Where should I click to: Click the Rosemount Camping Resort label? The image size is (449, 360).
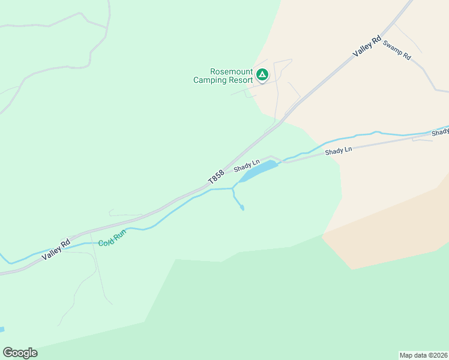[223, 76]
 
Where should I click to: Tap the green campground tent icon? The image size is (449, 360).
[262, 75]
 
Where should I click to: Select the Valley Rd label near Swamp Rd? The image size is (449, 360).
[367, 47]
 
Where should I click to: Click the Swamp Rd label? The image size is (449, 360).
[397, 50]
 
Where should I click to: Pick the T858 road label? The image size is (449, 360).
[216, 176]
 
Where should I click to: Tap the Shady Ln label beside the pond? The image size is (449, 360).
[247, 163]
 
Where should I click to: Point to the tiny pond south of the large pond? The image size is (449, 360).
[242, 208]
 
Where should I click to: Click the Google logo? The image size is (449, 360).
[20, 353]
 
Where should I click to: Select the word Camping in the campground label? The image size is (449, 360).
[208, 80]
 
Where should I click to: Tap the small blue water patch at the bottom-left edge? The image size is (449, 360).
[2, 329]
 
